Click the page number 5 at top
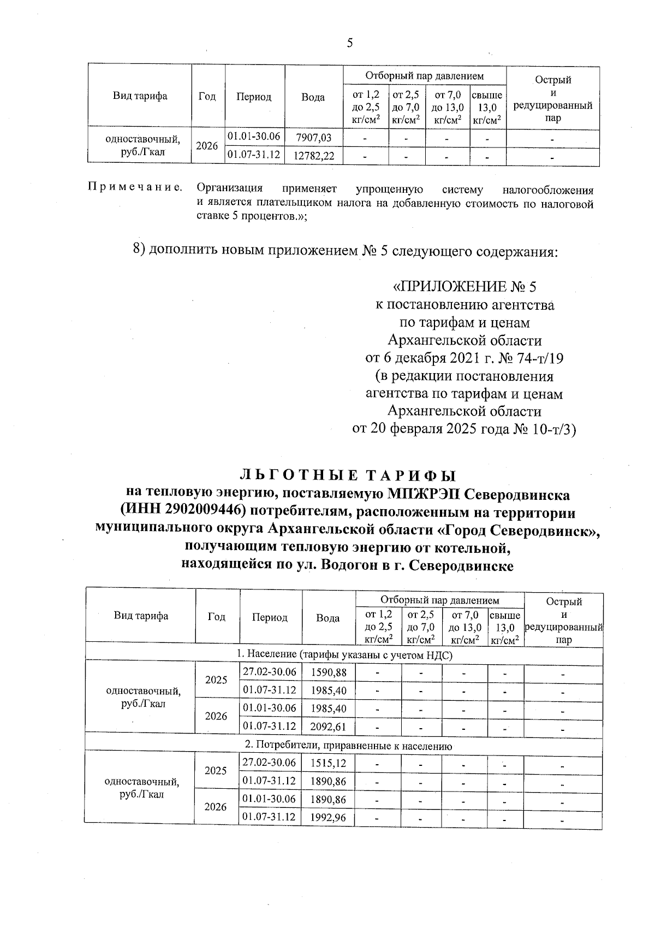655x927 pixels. click(349, 43)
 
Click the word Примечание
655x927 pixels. click(134, 189)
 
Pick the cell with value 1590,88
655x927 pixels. click(329, 672)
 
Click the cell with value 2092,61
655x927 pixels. click(329, 727)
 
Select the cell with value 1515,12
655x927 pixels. click(329, 763)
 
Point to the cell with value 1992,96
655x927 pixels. click(329, 818)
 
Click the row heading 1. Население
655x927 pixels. click(344, 654)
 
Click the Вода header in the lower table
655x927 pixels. click(328, 618)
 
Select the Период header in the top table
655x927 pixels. click(253, 97)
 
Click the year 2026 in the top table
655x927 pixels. click(207, 146)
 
